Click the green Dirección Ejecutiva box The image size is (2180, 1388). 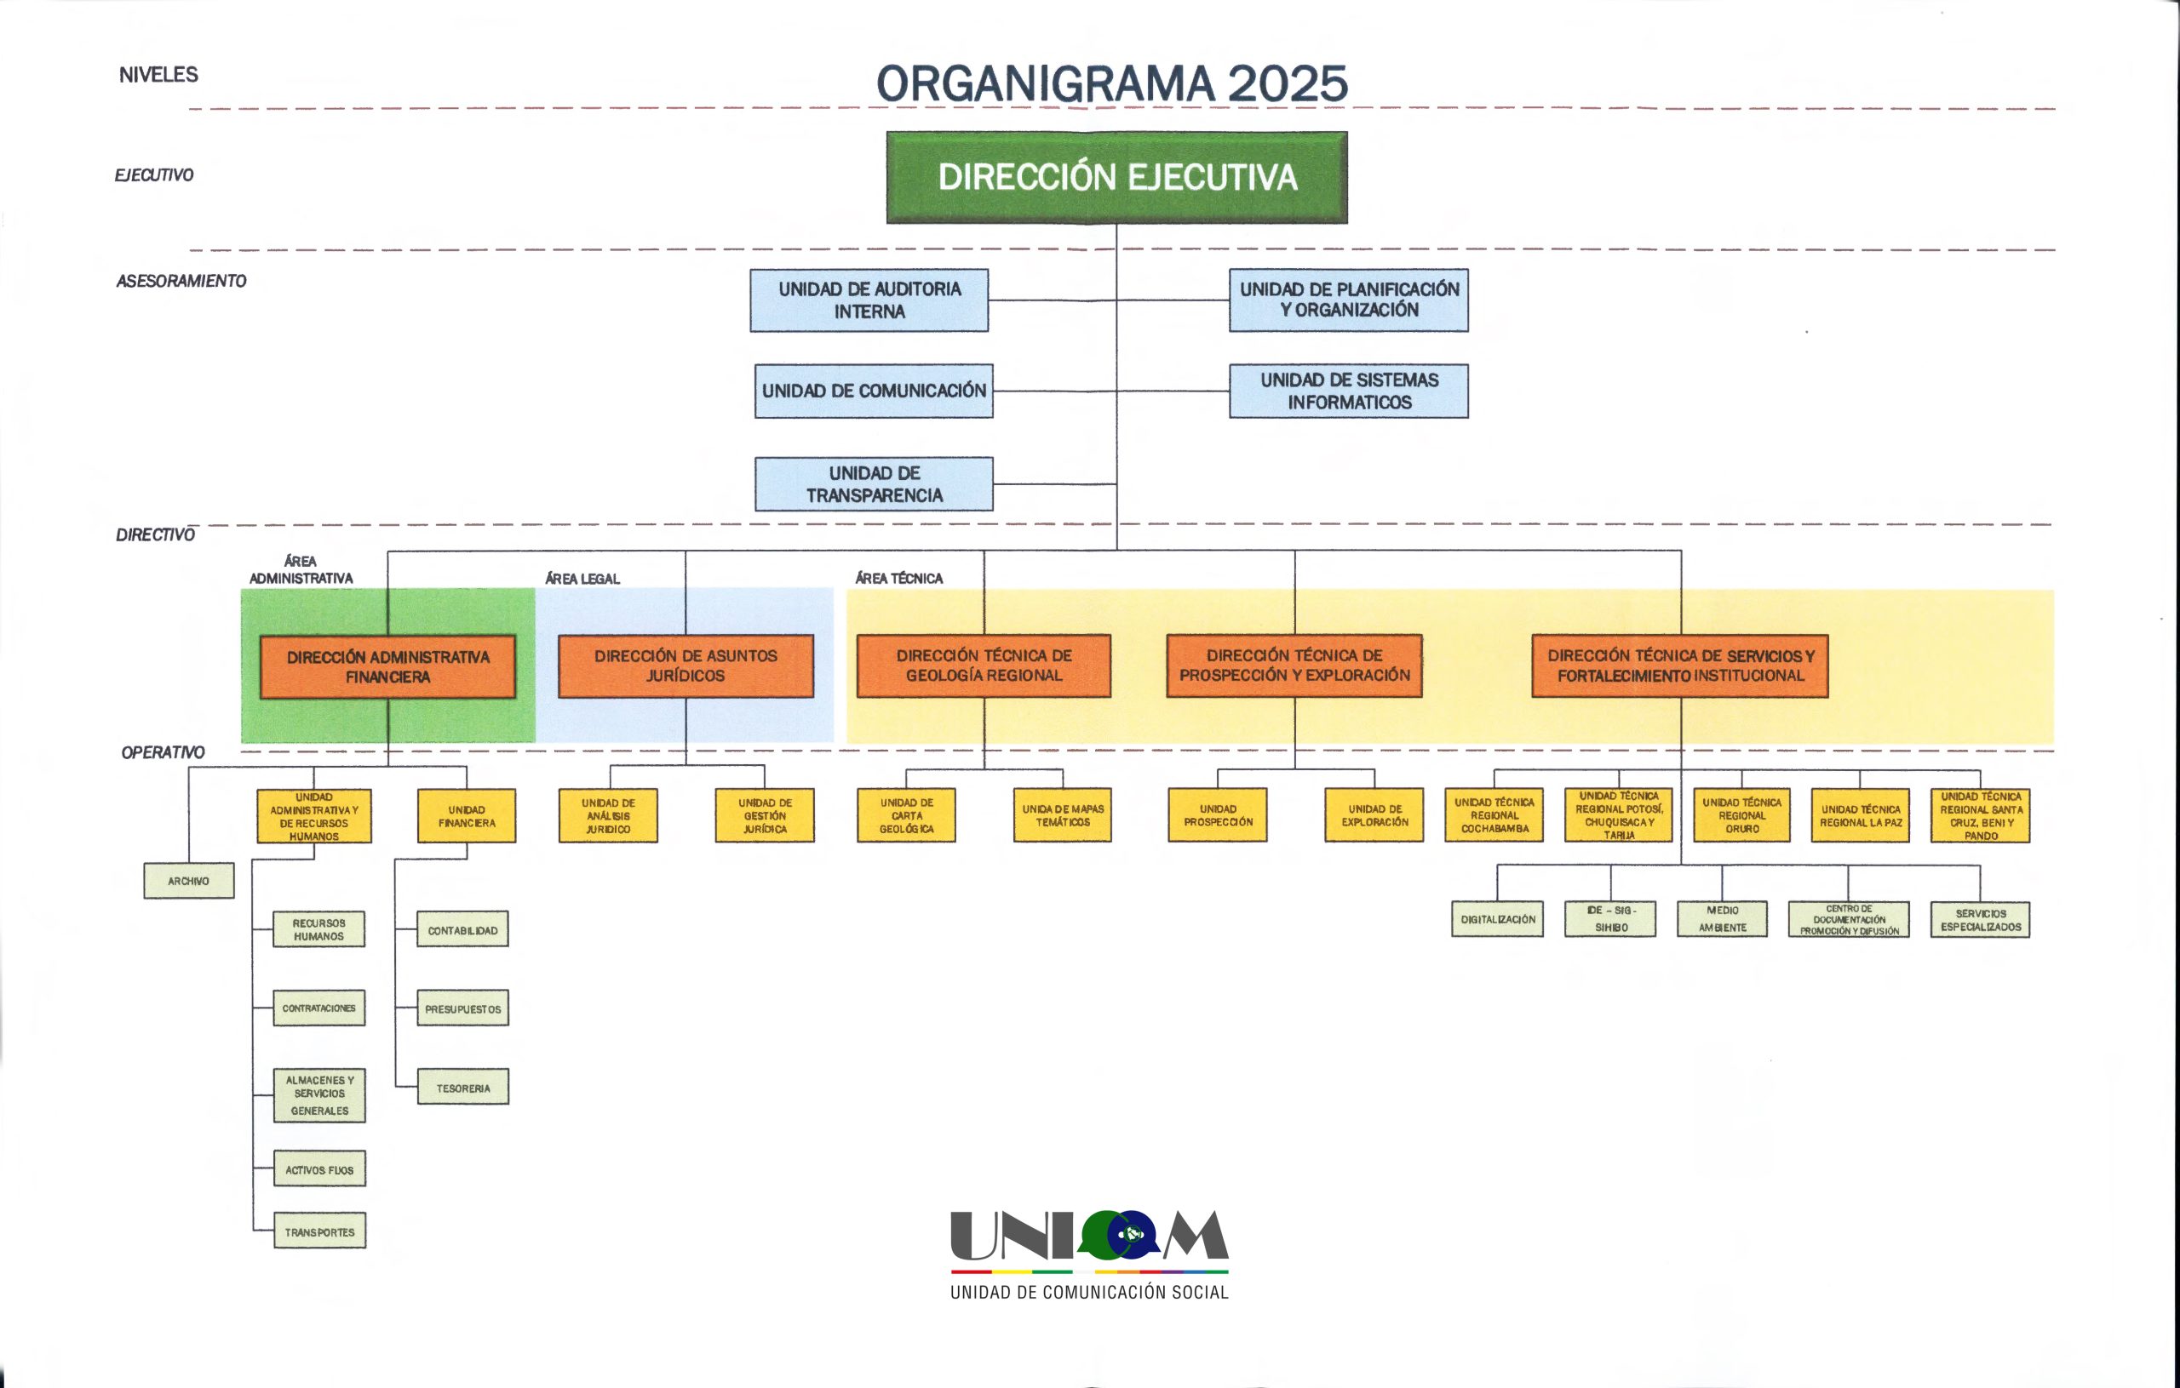[1116, 177]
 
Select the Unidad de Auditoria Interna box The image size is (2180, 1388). [869, 300]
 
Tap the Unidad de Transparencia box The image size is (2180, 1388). [874, 484]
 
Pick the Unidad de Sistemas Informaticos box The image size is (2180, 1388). [1349, 391]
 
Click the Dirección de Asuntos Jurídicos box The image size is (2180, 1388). [686, 666]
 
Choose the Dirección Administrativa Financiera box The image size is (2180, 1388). [387, 667]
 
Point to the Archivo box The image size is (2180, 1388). [188, 881]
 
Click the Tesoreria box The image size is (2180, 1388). [462, 1087]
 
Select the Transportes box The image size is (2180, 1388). [319, 1231]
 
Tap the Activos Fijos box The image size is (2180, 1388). [319, 1169]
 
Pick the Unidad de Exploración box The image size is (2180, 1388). [1374, 815]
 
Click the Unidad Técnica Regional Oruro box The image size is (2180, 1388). [1741, 815]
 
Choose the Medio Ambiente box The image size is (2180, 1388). [1722, 918]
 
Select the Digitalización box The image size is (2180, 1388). [1497, 918]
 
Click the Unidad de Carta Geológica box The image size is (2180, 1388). [906, 815]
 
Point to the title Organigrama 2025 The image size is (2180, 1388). [1112, 83]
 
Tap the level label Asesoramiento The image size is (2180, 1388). [181, 282]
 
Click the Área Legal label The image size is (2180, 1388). [582, 579]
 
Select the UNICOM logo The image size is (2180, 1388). [1089, 1255]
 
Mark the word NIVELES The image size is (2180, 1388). [158, 75]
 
